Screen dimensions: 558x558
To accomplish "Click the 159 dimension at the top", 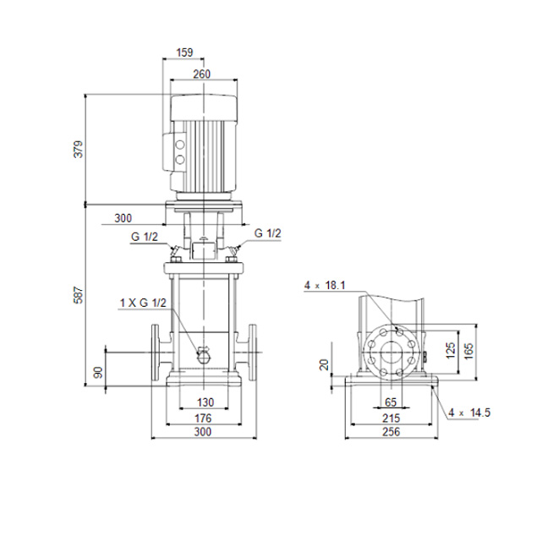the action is [184, 52].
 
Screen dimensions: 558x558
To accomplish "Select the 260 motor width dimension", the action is [202, 74].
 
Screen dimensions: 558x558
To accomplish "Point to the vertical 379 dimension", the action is [78, 150].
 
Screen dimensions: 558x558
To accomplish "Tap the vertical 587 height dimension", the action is [78, 295].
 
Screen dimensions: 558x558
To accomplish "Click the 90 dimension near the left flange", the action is [99, 372].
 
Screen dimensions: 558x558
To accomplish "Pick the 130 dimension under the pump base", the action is [205, 402].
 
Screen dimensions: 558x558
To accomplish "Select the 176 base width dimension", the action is [203, 418].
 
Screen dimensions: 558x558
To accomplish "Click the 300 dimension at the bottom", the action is [203, 432].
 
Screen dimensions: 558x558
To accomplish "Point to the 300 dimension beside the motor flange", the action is [123, 218].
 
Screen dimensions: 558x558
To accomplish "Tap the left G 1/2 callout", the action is [145, 237].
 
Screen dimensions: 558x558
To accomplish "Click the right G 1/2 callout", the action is [268, 233].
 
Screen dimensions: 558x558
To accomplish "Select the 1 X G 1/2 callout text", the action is [143, 303].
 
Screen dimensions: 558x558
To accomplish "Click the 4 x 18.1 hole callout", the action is [325, 286].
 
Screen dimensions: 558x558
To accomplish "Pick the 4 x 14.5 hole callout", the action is [469, 413].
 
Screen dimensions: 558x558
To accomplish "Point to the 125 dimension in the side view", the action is [451, 351].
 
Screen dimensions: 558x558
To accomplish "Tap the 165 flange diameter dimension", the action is [468, 351].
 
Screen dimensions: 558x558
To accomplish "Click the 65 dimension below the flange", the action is [391, 402].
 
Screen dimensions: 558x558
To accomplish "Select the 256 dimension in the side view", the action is [391, 432].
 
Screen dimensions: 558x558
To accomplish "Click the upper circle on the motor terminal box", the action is [180, 145].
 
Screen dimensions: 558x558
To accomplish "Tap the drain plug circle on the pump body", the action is [204, 355].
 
